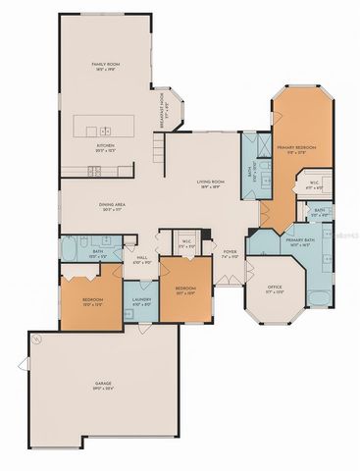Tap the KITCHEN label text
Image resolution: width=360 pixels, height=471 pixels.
(105, 146)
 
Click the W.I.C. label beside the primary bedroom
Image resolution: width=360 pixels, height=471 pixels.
(314, 183)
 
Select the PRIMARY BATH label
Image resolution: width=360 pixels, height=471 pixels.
(299, 239)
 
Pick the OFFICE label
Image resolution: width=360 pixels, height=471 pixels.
(276, 289)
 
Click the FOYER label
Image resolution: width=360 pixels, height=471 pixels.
(230, 252)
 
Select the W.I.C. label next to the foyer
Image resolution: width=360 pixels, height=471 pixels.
(186, 241)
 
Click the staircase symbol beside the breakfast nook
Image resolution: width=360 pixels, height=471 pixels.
(157, 149)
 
